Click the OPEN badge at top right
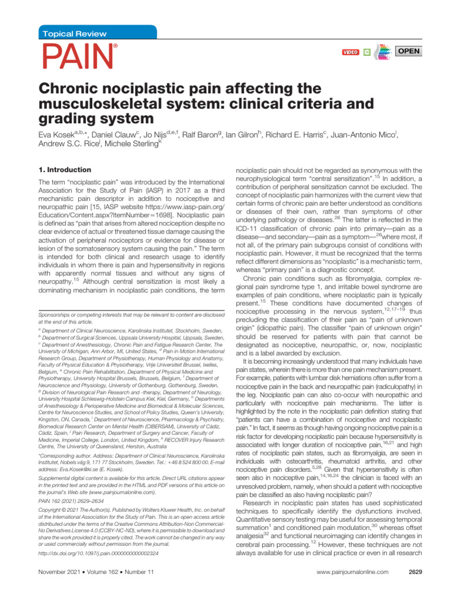point(409,51)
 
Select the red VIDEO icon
point(350,52)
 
